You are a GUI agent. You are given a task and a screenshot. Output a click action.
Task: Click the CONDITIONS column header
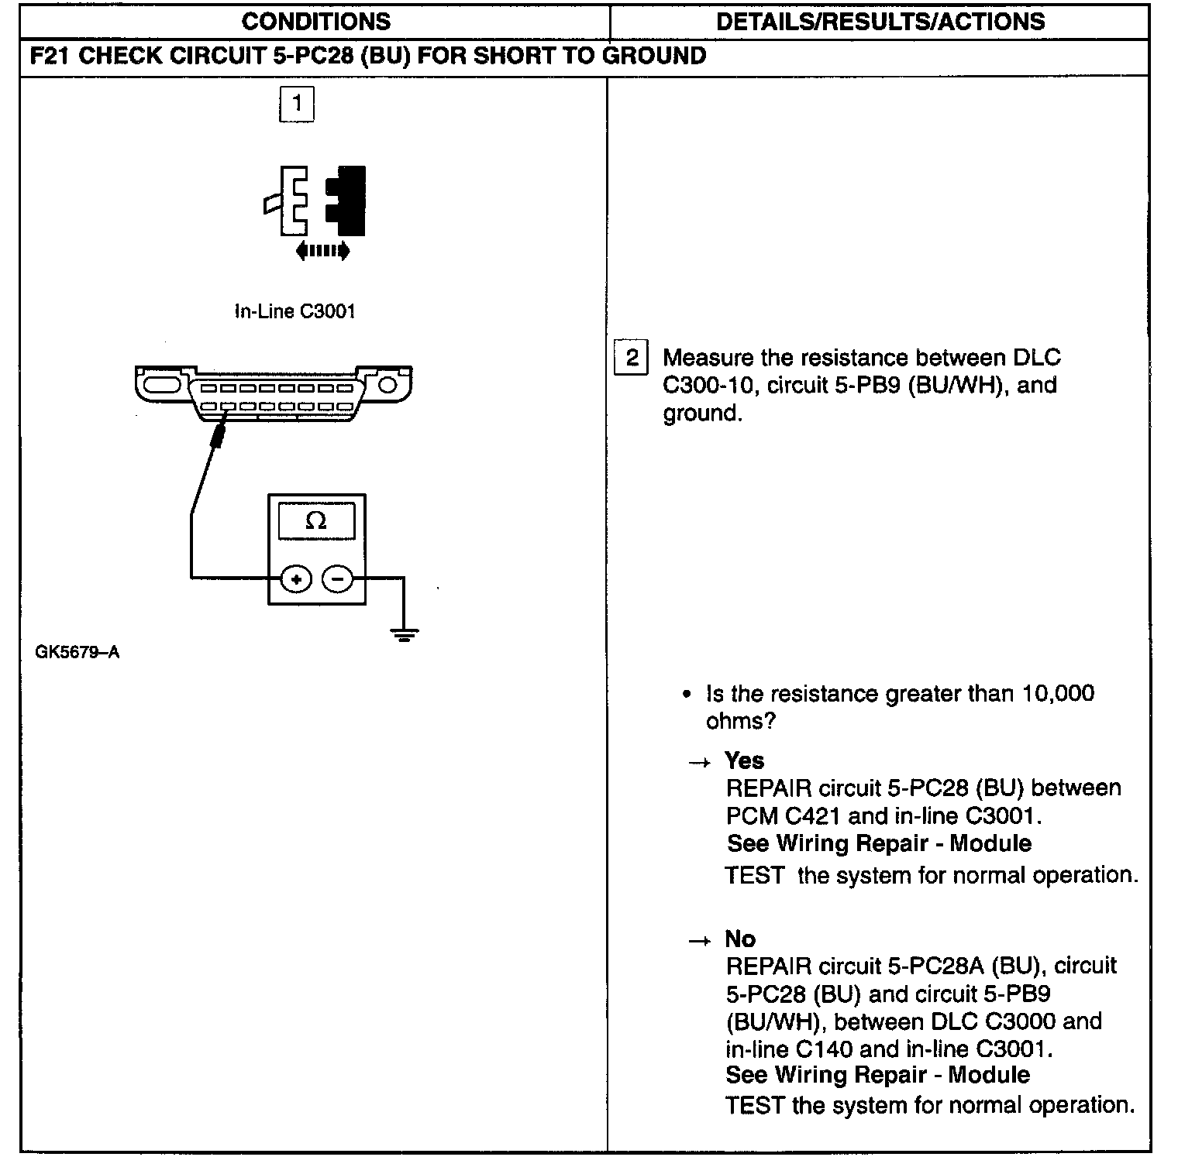[x=315, y=22]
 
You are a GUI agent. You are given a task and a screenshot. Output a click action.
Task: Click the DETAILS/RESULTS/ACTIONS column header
[x=880, y=22]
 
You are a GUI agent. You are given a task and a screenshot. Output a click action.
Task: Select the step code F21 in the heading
[x=50, y=57]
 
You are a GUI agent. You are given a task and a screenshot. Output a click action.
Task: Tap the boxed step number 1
[x=296, y=105]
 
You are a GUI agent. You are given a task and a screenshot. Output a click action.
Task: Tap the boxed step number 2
[x=632, y=358]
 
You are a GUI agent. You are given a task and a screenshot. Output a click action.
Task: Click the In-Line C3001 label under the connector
[x=294, y=312]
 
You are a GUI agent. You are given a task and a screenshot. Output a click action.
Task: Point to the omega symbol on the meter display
[x=315, y=521]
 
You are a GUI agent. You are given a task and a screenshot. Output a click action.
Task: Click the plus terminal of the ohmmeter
[x=296, y=578]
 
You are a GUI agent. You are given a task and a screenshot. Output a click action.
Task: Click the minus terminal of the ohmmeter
[x=337, y=578]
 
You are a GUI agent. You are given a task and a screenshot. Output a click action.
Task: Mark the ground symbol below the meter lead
[x=404, y=636]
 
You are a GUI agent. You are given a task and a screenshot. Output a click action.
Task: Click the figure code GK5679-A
[x=77, y=652]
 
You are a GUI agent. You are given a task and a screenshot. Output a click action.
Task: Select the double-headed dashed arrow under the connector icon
[x=322, y=251]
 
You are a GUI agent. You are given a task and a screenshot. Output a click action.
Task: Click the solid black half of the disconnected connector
[x=347, y=201]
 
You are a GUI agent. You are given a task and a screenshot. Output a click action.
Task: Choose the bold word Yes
[x=744, y=760]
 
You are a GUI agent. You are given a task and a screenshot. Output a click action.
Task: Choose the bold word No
[x=740, y=939]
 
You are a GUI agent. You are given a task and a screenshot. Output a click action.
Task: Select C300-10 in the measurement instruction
[x=708, y=386]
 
